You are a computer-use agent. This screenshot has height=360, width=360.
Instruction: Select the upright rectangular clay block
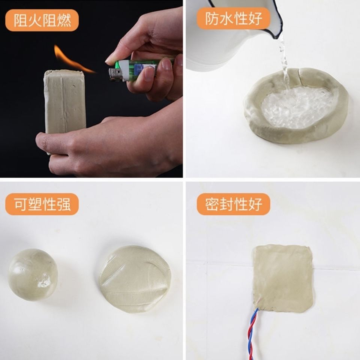[65, 101]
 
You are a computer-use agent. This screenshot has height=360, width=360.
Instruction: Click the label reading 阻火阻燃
[42, 20]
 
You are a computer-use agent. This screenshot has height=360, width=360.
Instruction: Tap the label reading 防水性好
[233, 18]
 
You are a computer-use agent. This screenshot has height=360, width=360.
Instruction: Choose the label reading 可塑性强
[42, 204]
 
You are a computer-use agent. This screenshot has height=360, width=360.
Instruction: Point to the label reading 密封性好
[233, 204]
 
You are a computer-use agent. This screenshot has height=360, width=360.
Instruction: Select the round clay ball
[33, 275]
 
